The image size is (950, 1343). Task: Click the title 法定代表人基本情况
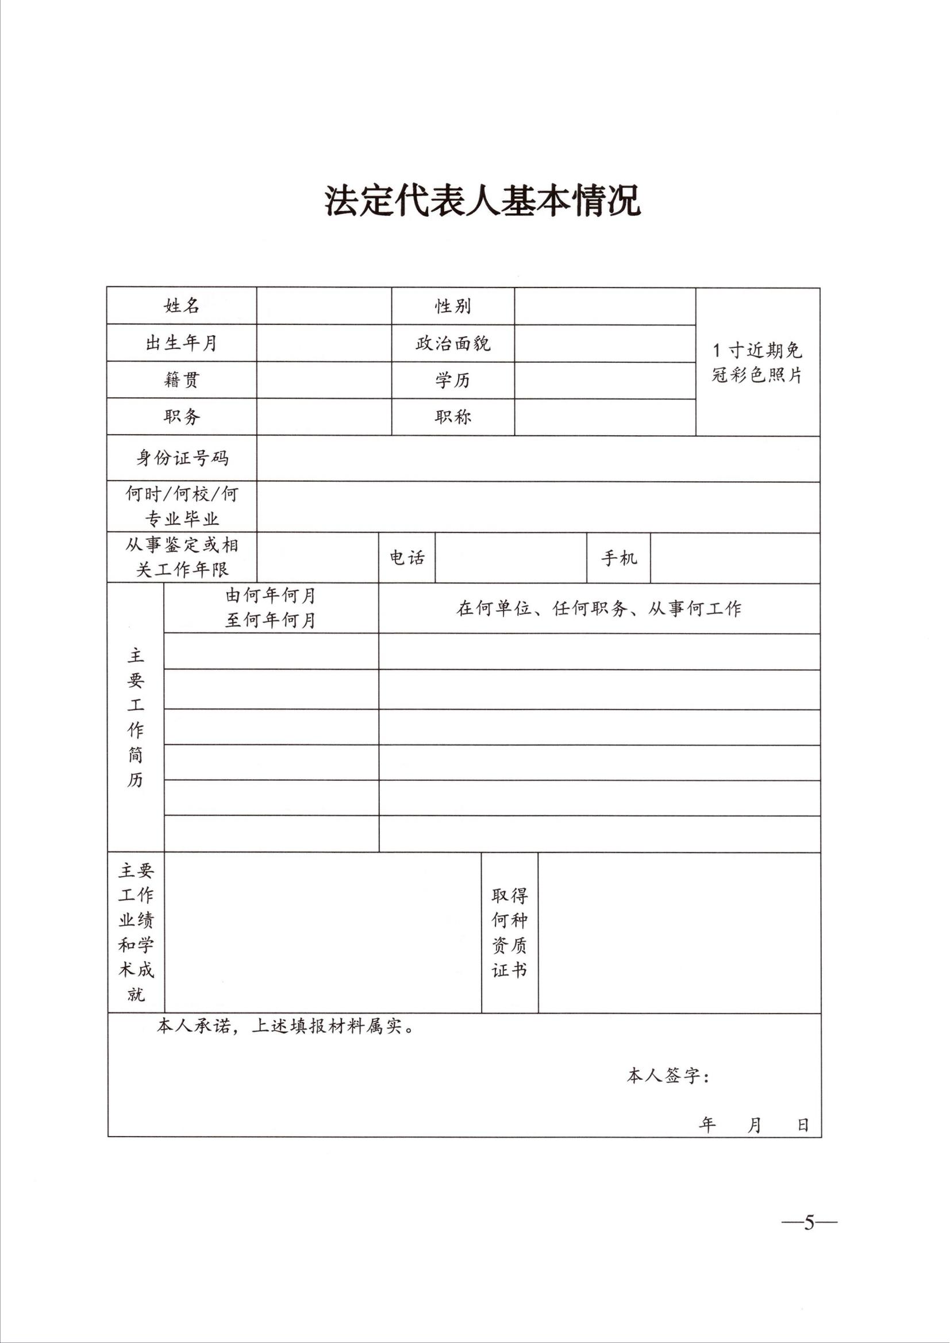(x=483, y=201)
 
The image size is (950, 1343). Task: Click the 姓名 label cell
(x=182, y=305)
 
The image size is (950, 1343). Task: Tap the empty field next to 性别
(x=605, y=306)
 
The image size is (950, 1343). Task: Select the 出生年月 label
(x=182, y=343)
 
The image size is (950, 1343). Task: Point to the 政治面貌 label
(x=453, y=343)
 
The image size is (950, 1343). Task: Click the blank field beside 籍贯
(x=324, y=380)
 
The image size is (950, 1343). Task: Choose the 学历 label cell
(x=453, y=381)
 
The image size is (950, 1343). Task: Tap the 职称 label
(x=453, y=417)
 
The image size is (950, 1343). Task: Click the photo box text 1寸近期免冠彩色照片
(x=757, y=362)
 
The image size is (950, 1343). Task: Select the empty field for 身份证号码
(x=537, y=458)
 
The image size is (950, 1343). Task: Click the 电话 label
(x=407, y=558)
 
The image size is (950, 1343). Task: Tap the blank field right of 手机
(x=734, y=558)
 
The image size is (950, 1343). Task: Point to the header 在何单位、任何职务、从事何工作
(x=598, y=609)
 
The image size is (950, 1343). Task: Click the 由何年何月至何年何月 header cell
(x=271, y=608)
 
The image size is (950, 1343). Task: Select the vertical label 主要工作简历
(x=136, y=717)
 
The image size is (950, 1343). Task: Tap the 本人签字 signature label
(x=667, y=1076)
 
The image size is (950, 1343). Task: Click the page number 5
(x=809, y=1222)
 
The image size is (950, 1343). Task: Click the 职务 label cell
(x=182, y=417)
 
